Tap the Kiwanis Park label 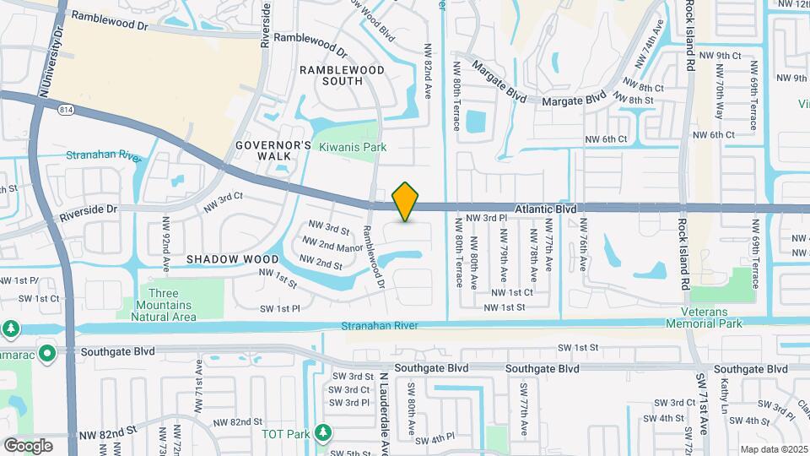coord(353,147)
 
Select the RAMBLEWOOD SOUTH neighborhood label coord(343,75)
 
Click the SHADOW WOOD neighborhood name coord(232,259)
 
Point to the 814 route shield coord(66,109)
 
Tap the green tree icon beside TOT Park coord(321,433)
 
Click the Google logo coord(28,445)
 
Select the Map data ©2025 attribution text coord(774,449)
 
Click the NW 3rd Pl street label coord(488,218)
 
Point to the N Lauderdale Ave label coord(382,414)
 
